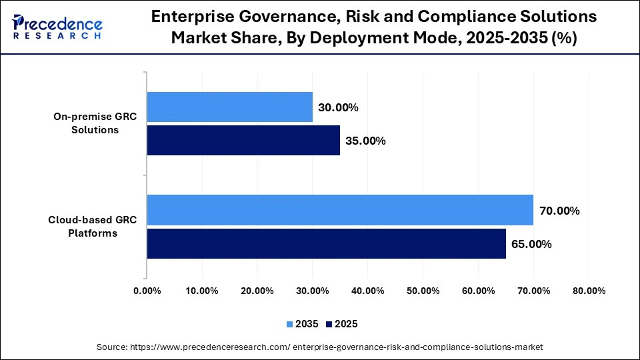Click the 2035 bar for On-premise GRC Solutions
coord(229,107)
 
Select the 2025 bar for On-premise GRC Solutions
coord(243,141)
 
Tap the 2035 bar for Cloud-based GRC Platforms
coord(340,211)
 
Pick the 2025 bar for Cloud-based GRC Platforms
coord(326,243)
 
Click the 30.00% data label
coord(339,107)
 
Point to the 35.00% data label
coord(365,141)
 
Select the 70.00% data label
coord(559,211)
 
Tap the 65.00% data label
coord(531,244)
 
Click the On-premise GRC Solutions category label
coord(95,123)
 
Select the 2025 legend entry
coord(341,324)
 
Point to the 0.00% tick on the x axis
coord(147,291)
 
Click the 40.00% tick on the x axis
coord(367,291)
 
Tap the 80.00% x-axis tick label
coord(588,291)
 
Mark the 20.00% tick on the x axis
coord(257,291)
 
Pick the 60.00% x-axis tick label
coord(477,291)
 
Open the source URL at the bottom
coord(320,347)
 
